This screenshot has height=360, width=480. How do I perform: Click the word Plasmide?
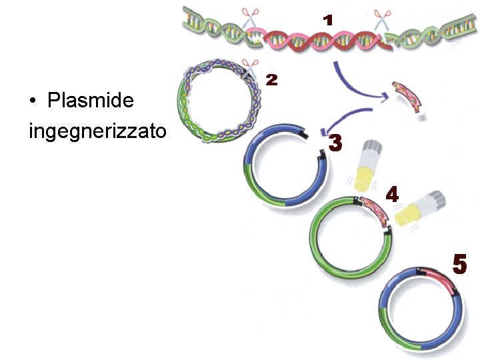click(91, 101)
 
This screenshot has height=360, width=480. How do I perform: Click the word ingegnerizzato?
click(97, 131)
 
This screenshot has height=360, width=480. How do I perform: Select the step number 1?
click(327, 21)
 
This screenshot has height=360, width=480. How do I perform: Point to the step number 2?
click(271, 80)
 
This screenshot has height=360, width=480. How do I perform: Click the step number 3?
click(335, 143)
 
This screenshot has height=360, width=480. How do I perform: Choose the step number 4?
click(393, 195)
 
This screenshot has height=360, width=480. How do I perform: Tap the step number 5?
click(460, 263)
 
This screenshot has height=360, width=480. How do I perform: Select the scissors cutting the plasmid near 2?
click(250, 67)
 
